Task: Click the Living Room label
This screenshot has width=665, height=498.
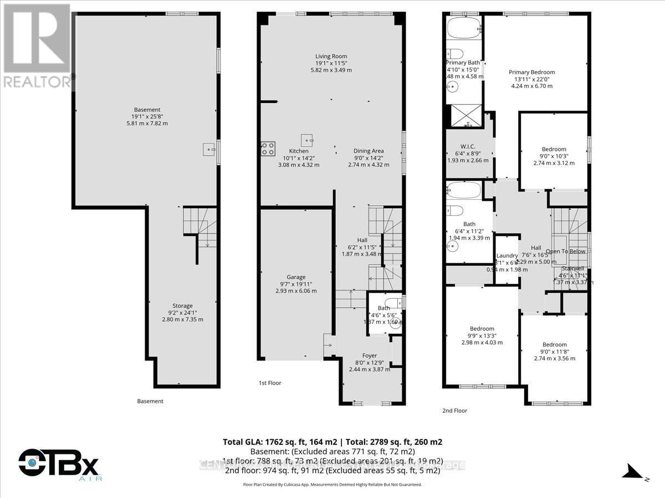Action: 331,56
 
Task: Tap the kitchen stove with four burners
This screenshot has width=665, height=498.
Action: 268,148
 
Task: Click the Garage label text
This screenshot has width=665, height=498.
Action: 296,277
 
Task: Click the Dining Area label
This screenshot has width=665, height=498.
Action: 369,151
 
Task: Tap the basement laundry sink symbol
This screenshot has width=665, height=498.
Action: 209,149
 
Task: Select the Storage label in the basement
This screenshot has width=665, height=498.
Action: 182,306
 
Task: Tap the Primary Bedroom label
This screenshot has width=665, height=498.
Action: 531,72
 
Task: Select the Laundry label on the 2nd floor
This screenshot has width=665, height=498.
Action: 507,256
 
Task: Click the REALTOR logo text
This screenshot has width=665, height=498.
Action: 37,81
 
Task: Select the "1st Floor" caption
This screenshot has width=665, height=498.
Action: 270,383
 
